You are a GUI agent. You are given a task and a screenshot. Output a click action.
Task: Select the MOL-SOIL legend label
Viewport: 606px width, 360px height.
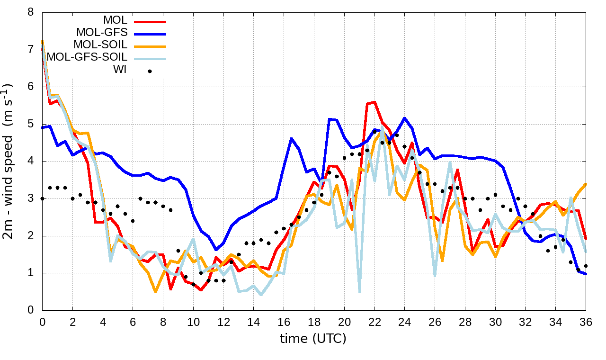[x=100, y=45]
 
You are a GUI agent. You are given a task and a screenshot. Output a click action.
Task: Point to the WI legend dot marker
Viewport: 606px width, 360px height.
[x=150, y=71]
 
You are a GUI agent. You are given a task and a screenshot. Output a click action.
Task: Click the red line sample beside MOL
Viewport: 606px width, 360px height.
[x=150, y=21]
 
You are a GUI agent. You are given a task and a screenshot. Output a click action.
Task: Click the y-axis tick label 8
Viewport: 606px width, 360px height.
[x=31, y=12]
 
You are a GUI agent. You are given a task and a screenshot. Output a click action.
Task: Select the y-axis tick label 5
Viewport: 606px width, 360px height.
[x=31, y=124]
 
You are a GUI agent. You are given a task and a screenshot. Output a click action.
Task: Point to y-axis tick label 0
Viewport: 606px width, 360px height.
[x=31, y=310]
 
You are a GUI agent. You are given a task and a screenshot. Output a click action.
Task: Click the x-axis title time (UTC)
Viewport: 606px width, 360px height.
[x=313, y=338]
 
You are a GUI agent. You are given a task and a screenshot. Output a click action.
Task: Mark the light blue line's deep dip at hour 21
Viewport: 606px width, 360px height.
[x=360, y=292]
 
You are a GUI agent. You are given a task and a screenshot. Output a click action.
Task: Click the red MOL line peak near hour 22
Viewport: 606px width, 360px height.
[x=374, y=102]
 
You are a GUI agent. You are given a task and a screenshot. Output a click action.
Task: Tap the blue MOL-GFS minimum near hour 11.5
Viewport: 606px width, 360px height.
[x=216, y=250]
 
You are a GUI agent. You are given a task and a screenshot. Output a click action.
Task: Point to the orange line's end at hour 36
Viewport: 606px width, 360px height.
[x=586, y=184]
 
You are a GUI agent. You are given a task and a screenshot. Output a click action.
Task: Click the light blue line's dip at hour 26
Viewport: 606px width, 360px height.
[x=435, y=275]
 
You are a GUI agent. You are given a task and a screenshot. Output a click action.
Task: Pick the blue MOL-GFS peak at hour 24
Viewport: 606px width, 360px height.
[x=405, y=118]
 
